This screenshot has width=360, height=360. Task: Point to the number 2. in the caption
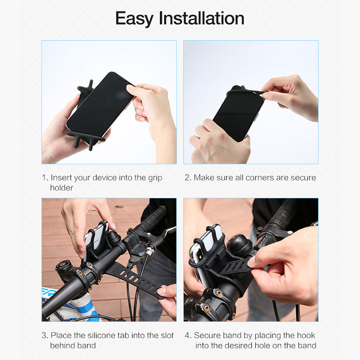[188, 178]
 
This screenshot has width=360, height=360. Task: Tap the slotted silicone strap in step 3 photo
[135, 279]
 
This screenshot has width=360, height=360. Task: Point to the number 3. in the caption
[45, 336]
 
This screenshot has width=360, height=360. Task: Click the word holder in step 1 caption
[61, 188]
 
